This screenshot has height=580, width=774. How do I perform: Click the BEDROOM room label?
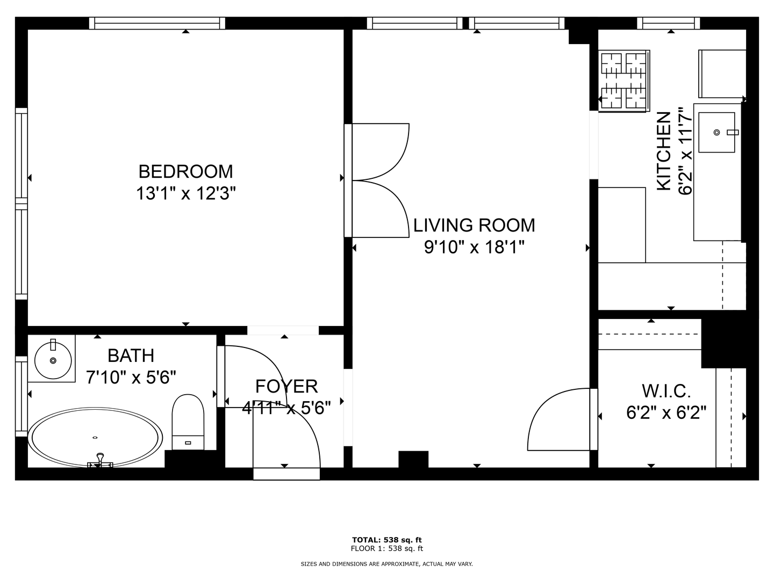185,172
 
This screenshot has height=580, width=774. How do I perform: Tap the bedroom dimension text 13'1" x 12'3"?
186,193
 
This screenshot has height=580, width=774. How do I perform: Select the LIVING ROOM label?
474,226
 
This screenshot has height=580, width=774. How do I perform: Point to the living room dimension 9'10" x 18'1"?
474,247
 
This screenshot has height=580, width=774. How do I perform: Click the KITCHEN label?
663,151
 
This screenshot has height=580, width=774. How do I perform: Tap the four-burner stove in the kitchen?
624,81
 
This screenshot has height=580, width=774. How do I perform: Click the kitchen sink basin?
717,133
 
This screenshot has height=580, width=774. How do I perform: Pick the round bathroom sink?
53,360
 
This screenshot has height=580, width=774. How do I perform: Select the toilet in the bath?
188,422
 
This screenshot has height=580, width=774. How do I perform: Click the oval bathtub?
95,438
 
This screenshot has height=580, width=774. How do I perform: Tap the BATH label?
131,356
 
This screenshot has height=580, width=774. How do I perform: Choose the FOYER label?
286,386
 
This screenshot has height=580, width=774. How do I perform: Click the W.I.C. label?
666,391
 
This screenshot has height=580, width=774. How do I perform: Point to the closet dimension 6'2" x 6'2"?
666,412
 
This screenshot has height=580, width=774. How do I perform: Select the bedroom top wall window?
157,23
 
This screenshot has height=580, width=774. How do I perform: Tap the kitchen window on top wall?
668,23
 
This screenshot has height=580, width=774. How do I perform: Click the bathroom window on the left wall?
21,396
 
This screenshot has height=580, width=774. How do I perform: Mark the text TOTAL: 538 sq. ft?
387,540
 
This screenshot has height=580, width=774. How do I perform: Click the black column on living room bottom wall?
413,460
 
